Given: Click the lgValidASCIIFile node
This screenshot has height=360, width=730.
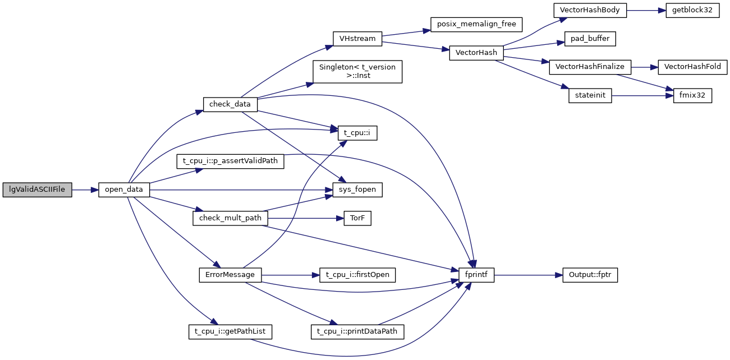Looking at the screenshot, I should coord(38,190).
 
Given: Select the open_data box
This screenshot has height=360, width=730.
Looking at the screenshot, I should coord(123,190).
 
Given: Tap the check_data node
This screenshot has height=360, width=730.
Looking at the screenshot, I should coord(230,104).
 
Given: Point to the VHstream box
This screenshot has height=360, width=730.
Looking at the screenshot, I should coord(357,39).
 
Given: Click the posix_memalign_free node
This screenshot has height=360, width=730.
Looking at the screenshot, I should coord(476,25).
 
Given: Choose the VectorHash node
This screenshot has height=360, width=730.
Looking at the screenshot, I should coord(476,53).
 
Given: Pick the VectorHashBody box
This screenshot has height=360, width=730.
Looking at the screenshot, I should coord(589,11).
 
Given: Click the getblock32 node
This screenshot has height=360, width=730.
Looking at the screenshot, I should coord(692,11).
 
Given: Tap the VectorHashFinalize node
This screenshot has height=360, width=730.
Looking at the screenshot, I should coord(590,67).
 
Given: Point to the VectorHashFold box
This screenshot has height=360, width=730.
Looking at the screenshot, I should coord(692,67).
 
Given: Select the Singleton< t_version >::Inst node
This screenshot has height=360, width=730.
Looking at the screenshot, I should coord(357,71).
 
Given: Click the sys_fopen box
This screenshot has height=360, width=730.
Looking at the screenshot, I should coord(357,190).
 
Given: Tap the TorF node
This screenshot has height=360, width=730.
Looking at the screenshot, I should coord(357,219).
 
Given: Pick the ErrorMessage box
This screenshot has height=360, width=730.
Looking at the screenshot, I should coord(230,275).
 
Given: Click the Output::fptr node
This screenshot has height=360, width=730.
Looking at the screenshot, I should coord(590,275).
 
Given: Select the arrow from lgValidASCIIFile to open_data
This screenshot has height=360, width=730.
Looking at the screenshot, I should coord(85,190).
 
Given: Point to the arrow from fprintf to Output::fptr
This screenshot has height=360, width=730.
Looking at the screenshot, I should coord(528,275).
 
